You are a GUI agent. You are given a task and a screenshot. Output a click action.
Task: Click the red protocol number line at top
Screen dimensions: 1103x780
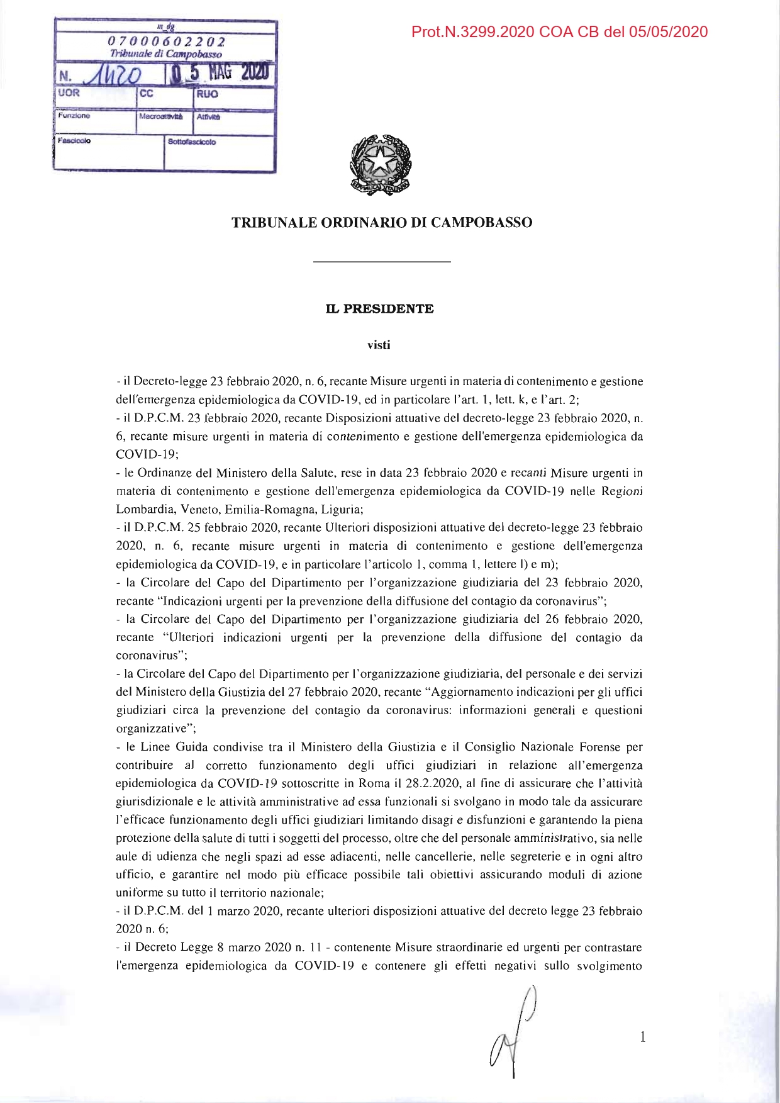[x=559, y=32]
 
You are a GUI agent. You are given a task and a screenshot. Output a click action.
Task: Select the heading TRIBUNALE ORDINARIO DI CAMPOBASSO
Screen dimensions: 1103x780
[x=382, y=223]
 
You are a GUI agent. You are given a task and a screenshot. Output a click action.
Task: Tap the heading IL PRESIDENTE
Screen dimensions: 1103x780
[x=379, y=309]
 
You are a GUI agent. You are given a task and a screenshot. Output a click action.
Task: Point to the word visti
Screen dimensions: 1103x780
[x=379, y=345]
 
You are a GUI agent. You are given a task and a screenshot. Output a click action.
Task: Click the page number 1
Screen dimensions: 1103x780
[x=642, y=1037]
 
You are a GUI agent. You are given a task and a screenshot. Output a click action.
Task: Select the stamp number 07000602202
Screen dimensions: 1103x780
[x=166, y=42]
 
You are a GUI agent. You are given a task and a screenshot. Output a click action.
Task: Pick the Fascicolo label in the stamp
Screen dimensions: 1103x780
[x=74, y=140]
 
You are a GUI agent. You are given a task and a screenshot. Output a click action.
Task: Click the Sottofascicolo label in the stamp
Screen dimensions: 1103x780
[x=191, y=142]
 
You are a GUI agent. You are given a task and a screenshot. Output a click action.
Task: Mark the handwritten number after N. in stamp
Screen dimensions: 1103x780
[x=112, y=76]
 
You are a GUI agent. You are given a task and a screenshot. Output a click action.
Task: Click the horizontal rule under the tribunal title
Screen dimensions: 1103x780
[x=381, y=261]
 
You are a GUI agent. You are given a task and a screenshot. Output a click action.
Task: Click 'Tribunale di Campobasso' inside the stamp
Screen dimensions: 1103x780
[x=165, y=54]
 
